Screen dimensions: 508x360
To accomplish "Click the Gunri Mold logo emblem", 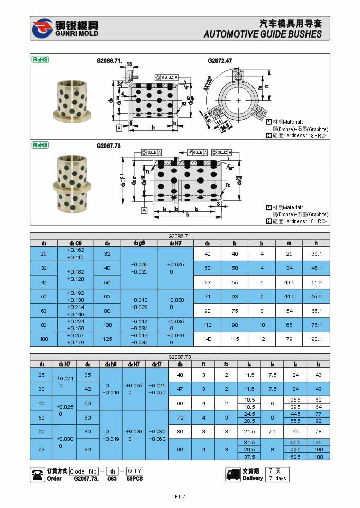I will pos(42,28).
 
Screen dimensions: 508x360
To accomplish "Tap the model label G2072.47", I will pos(220,60).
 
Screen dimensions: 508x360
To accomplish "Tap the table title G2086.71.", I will pos(180,236).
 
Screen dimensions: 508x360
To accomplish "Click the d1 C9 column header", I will pos(76,243).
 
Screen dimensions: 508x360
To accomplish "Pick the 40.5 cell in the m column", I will pos(289,282).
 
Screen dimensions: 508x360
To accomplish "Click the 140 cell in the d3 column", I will pos(207,339).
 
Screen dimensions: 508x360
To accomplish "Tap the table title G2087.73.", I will pos(180,357).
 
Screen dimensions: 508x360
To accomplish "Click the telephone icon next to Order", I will pos(38,475).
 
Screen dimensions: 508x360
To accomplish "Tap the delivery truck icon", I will pos(232,475).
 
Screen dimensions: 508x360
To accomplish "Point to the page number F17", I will pos(179,496).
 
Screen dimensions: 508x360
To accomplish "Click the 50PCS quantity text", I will pos(135,479).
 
